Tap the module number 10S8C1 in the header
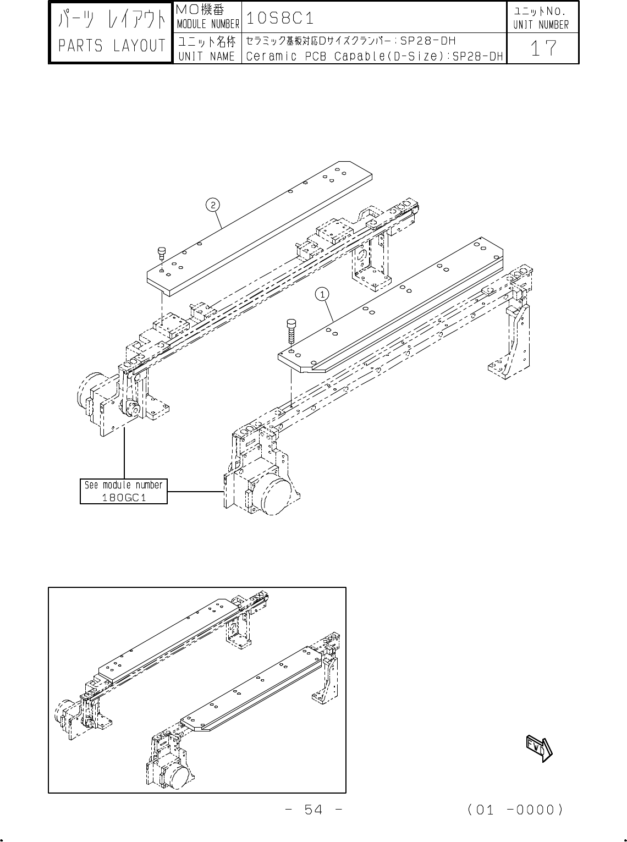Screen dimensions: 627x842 coord(280,18)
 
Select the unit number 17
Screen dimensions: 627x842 coord(542,49)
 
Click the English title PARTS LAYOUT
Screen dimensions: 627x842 coord(112,46)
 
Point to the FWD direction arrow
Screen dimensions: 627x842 coord(538,747)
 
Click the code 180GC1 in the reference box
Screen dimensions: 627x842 coord(124,497)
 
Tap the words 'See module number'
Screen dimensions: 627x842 coord(124,485)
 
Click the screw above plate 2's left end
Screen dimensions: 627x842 coord(162,254)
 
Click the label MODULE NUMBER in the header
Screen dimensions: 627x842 coord(207,24)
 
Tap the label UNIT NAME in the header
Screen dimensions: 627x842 coord(207,56)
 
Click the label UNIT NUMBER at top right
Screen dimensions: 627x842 coord(541,24)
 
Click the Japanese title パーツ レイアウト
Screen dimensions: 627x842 coord(112,21)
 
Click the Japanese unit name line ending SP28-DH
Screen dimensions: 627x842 coord(350,41)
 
